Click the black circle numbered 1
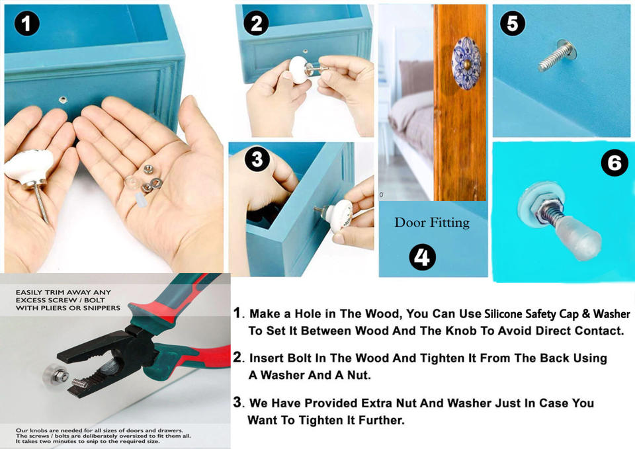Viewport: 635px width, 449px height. [26, 23]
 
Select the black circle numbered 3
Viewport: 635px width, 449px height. [257, 159]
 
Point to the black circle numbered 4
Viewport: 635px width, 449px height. [423, 257]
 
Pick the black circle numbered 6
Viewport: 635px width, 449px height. [614, 163]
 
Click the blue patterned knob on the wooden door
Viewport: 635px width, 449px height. [466, 62]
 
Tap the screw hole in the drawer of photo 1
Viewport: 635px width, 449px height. [63, 100]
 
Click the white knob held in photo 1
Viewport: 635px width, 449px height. [28, 168]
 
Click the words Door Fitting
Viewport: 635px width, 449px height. [432, 223]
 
